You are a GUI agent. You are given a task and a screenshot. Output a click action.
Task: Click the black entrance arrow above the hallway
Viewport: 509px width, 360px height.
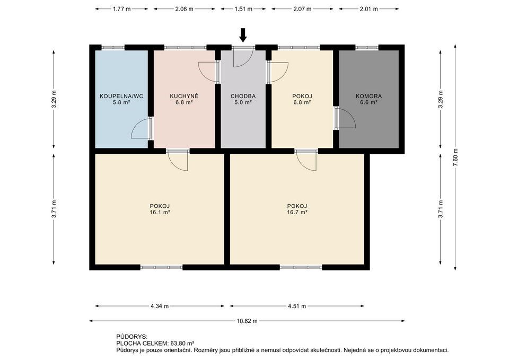pos(243,35)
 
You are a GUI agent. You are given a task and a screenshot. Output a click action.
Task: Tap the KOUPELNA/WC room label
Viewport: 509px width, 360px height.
pos(121,96)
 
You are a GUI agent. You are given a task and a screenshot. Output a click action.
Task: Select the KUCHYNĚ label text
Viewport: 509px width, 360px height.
pos(184,96)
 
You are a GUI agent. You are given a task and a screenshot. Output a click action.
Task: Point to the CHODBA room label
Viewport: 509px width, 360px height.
pos(243,96)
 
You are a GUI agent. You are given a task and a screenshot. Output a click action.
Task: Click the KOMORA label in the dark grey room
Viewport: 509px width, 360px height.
pos(369,96)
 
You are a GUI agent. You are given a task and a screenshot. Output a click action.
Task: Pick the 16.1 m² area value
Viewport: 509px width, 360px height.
pos(160,212)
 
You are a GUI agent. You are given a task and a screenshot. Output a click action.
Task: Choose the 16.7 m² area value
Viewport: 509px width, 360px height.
pos(297,212)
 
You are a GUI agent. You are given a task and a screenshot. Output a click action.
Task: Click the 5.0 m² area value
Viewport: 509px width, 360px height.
pos(243,102)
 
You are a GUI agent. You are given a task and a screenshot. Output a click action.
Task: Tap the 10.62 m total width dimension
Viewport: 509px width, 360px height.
pos(247,321)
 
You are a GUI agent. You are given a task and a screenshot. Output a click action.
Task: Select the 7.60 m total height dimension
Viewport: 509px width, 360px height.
pos(455,157)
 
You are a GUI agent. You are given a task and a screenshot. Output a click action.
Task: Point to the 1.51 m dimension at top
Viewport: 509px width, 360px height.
pos(243,9)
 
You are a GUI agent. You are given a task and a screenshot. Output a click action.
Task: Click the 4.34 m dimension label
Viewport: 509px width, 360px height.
pos(160,306)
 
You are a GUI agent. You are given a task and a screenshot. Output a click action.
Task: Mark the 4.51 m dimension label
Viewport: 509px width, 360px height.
pos(297,306)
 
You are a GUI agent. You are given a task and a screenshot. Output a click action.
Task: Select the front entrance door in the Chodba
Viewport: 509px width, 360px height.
pos(243,57)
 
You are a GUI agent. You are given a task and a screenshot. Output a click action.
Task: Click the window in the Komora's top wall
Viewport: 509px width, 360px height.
pos(367,47)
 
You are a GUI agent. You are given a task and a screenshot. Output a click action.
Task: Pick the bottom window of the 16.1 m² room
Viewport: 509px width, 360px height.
pos(161,267)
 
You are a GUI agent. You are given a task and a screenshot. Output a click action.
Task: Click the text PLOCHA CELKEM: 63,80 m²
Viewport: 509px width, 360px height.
pos(155,343)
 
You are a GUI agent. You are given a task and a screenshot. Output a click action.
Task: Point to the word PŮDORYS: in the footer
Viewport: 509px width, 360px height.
pos(132,337)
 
